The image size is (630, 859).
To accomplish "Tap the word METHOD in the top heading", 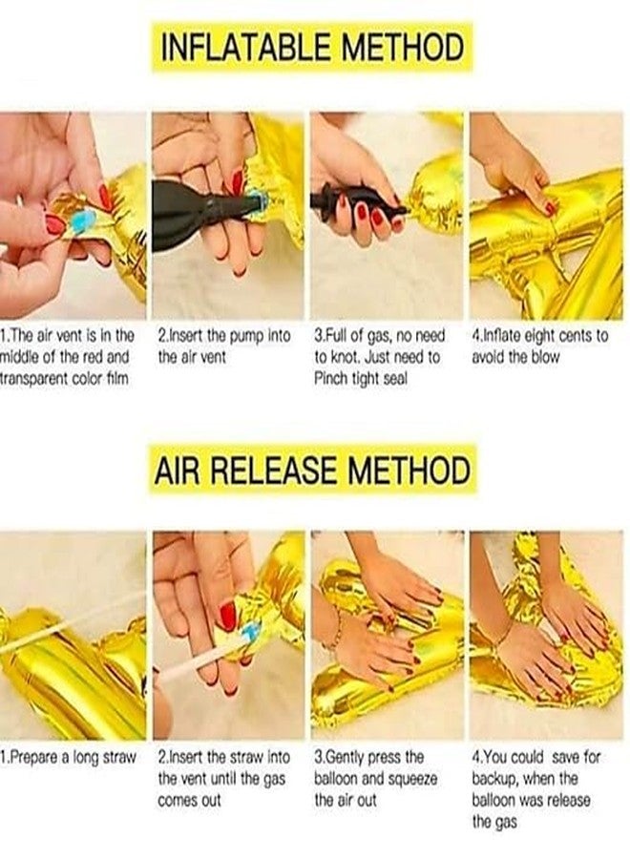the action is point(403,47).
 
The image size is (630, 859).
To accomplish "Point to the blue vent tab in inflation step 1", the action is point(82,221).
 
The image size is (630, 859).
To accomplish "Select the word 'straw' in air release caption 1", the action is point(119,758).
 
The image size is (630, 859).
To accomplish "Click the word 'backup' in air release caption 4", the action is point(494,779).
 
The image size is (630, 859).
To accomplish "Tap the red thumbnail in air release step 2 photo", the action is point(227,616).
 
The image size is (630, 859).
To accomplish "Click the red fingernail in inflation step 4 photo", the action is point(550,208).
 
